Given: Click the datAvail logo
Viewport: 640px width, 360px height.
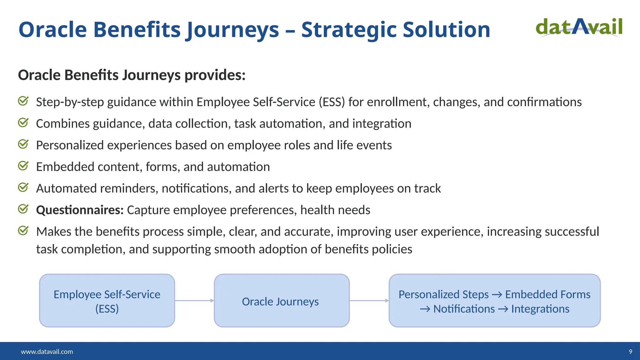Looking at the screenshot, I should point(579,27).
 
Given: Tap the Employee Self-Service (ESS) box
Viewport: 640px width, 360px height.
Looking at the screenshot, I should point(107,301).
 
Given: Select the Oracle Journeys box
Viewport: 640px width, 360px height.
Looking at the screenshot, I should point(282,301).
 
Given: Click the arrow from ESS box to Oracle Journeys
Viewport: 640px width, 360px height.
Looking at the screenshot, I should point(194,301).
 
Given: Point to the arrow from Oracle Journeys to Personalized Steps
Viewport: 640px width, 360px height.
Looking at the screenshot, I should point(369,301).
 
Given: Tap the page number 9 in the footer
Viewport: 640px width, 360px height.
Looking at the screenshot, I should point(630,352).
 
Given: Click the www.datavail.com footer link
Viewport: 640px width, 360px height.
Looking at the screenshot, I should point(47,352).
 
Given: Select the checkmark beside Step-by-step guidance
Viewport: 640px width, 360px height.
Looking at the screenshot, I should point(23,101).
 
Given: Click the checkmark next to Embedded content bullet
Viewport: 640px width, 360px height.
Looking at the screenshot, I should point(23,166).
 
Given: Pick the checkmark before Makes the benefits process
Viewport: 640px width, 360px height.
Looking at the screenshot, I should point(23,231).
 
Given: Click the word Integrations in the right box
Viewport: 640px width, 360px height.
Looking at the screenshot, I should point(540,309).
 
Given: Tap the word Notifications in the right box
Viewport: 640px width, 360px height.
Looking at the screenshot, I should point(464,309).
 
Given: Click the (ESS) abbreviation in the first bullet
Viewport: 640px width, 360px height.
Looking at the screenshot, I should point(332,102).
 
